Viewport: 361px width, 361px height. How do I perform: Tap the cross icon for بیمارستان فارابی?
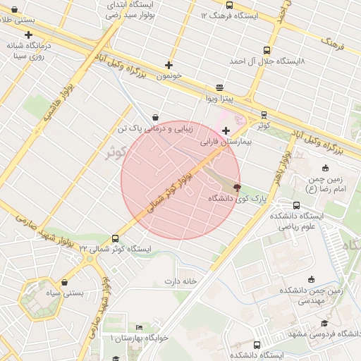click(226, 130)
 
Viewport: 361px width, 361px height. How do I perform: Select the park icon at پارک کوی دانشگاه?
click(236, 188)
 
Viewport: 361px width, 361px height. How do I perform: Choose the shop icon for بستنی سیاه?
click(64, 282)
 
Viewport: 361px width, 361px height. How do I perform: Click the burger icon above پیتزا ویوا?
click(220, 88)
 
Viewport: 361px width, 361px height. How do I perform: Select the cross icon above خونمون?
click(168, 65)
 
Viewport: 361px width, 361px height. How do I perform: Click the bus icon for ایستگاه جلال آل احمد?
click(266, 50)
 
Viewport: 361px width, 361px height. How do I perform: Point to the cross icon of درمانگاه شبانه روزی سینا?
click(28, 35)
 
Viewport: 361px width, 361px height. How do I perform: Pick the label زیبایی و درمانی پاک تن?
click(154, 129)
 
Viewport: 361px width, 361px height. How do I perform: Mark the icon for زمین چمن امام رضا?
click(325, 168)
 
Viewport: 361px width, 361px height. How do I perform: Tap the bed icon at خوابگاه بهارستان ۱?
click(139, 328)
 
